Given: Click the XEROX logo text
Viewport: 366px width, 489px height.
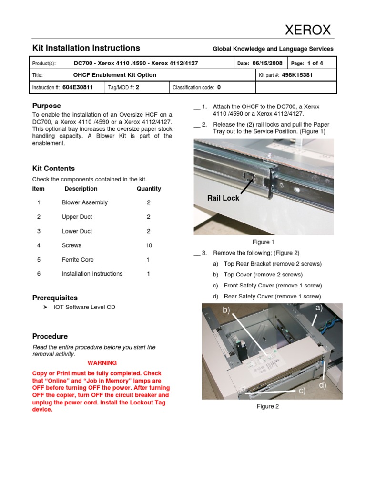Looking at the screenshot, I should (x=307, y=30).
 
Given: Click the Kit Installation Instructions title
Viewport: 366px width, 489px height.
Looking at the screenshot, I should (x=86, y=48).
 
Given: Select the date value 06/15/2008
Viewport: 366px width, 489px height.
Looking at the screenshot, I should (x=267, y=63).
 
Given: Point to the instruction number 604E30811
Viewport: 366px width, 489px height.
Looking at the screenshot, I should (x=78, y=87).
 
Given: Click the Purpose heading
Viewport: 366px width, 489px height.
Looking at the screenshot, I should (x=46, y=106).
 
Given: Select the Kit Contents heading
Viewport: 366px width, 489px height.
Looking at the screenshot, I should (x=53, y=169).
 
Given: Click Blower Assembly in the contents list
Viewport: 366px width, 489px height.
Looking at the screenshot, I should (x=84, y=202).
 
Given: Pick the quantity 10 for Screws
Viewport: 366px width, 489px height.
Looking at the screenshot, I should (x=148, y=245).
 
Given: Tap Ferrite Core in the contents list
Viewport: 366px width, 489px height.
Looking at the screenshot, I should (x=78, y=260).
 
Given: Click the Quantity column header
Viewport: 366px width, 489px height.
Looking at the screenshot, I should (x=149, y=189).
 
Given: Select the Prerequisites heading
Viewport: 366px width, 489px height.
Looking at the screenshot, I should (x=55, y=298).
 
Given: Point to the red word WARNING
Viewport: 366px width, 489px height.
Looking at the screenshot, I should (x=102, y=363).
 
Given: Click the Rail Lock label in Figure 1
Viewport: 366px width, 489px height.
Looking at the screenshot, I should (x=223, y=198).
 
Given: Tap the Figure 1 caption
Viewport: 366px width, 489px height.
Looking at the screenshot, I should (x=263, y=242).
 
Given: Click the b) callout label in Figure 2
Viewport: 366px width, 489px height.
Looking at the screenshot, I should (x=225, y=311).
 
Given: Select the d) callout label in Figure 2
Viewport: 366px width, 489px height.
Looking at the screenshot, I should (x=323, y=385).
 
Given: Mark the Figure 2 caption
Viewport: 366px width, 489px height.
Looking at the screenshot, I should (x=268, y=406).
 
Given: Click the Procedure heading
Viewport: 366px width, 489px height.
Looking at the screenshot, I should (x=50, y=336).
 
